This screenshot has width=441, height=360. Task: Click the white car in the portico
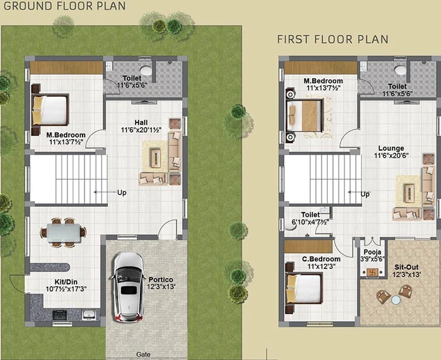(130, 287)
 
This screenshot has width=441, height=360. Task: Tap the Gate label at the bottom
(143, 354)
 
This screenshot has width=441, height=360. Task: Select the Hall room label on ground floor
(141, 123)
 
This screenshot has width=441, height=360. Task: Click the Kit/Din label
(66, 282)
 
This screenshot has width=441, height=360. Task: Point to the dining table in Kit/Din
(64, 233)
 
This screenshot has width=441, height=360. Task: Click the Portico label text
(161, 280)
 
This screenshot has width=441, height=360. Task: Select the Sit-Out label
(407, 267)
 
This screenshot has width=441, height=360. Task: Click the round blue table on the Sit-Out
(396, 300)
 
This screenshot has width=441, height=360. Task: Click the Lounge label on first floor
(391, 148)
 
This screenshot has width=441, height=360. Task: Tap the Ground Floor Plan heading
(64, 6)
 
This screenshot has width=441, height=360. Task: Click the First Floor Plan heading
(333, 39)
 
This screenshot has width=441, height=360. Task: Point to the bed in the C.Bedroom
(304, 289)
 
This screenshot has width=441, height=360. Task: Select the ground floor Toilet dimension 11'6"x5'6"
(132, 85)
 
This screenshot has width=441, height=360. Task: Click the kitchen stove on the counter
(60, 315)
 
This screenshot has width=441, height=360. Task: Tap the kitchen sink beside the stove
(89, 315)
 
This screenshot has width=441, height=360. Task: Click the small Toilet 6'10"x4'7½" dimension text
(310, 222)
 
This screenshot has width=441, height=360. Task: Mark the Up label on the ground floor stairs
(122, 193)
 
